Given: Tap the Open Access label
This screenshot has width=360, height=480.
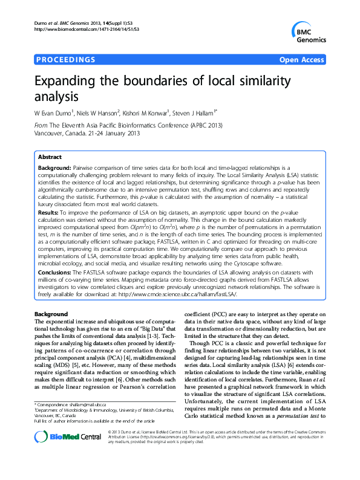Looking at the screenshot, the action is pyautogui.click(x=302, y=60).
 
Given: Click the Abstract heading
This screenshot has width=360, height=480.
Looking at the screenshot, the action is pyautogui.click(x=50, y=156).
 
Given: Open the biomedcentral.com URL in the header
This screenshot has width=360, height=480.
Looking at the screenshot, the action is pyautogui.click(x=84, y=29).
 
